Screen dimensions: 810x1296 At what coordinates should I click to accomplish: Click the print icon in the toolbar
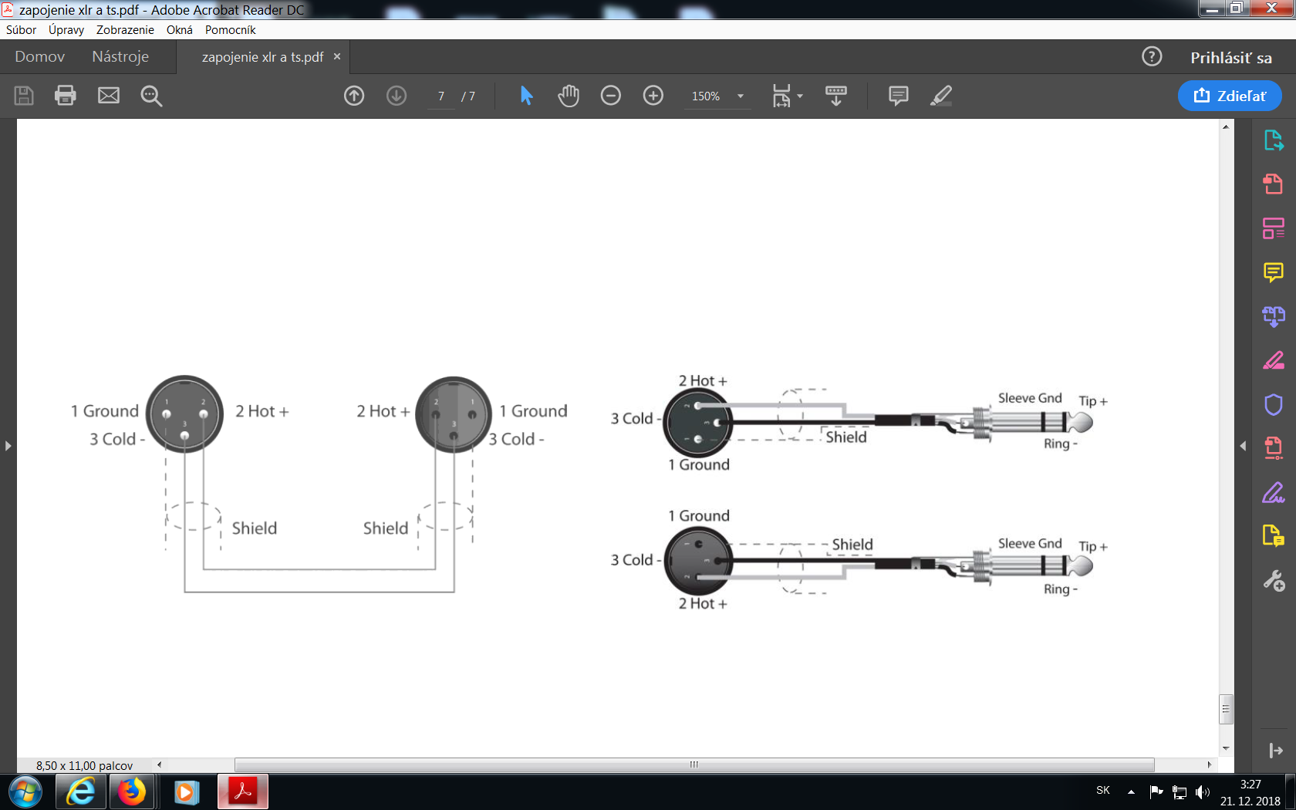point(66,96)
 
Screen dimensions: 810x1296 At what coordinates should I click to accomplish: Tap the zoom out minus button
point(610,96)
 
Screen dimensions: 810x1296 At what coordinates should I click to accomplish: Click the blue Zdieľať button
point(1230,96)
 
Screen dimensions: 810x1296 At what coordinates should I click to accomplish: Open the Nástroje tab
point(120,57)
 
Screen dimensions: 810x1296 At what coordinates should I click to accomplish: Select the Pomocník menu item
point(230,30)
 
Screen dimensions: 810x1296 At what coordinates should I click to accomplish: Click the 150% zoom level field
point(706,96)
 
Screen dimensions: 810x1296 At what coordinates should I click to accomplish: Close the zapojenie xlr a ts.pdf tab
point(337,57)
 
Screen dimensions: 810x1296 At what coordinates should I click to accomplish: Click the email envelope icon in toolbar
point(109,96)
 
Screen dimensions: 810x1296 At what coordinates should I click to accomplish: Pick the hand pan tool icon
point(569,96)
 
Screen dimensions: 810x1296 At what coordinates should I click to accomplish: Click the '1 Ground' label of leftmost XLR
point(105,411)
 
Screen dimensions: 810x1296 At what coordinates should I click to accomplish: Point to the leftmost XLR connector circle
point(185,414)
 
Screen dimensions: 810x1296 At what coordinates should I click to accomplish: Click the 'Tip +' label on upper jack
point(1092,401)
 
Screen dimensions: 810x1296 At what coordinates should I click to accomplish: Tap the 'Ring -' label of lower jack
point(1060,589)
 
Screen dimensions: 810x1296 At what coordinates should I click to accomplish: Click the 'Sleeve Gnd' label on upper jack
point(1030,398)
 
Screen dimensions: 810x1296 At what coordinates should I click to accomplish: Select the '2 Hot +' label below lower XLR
point(702,603)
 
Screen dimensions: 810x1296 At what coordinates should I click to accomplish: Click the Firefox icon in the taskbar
point(132,791)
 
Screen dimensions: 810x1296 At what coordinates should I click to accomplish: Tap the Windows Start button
point(25,791)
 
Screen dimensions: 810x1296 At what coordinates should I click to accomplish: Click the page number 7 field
point(441,96)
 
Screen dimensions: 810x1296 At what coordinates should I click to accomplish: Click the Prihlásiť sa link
point(1230,58)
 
